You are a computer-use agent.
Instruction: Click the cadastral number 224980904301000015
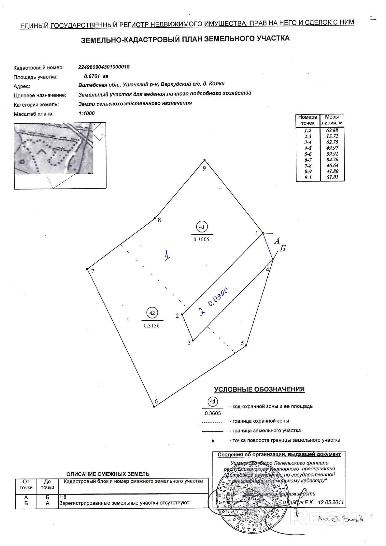104,67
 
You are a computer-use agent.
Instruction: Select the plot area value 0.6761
92,76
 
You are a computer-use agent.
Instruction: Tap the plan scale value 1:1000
87,114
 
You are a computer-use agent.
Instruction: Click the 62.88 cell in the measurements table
332,131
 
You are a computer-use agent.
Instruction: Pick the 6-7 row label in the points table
308,160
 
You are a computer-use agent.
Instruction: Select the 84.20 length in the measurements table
332,160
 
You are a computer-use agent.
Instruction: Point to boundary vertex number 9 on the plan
205,160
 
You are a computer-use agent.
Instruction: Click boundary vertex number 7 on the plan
87,269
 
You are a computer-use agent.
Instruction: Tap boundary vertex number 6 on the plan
154,406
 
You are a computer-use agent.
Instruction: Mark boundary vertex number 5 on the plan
246,345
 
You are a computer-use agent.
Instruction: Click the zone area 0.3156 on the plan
152,326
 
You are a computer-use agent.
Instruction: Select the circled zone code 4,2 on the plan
152,313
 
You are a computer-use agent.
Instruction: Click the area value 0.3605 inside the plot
201,239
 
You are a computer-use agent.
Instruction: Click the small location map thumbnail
60,155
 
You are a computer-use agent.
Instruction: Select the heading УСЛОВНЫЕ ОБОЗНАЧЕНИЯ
259,389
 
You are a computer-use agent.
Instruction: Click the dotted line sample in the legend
213,422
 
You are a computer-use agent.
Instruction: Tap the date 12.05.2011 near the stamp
331,502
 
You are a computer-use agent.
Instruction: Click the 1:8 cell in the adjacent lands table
63,497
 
